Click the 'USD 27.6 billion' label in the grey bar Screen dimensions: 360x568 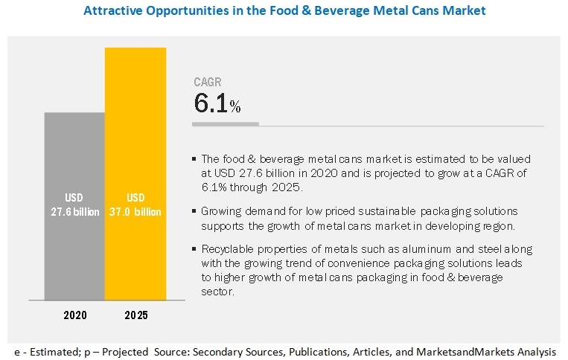click(x=74, y=205)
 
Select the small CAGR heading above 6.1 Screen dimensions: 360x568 click(x=208, y=83)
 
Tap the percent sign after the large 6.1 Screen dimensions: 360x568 click(x=235, y=108)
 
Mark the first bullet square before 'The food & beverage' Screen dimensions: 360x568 click(x=195, y=159)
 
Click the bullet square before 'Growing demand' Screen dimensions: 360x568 click(x=195, y=212)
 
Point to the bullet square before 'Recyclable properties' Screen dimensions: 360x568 click(x=195, y=250)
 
